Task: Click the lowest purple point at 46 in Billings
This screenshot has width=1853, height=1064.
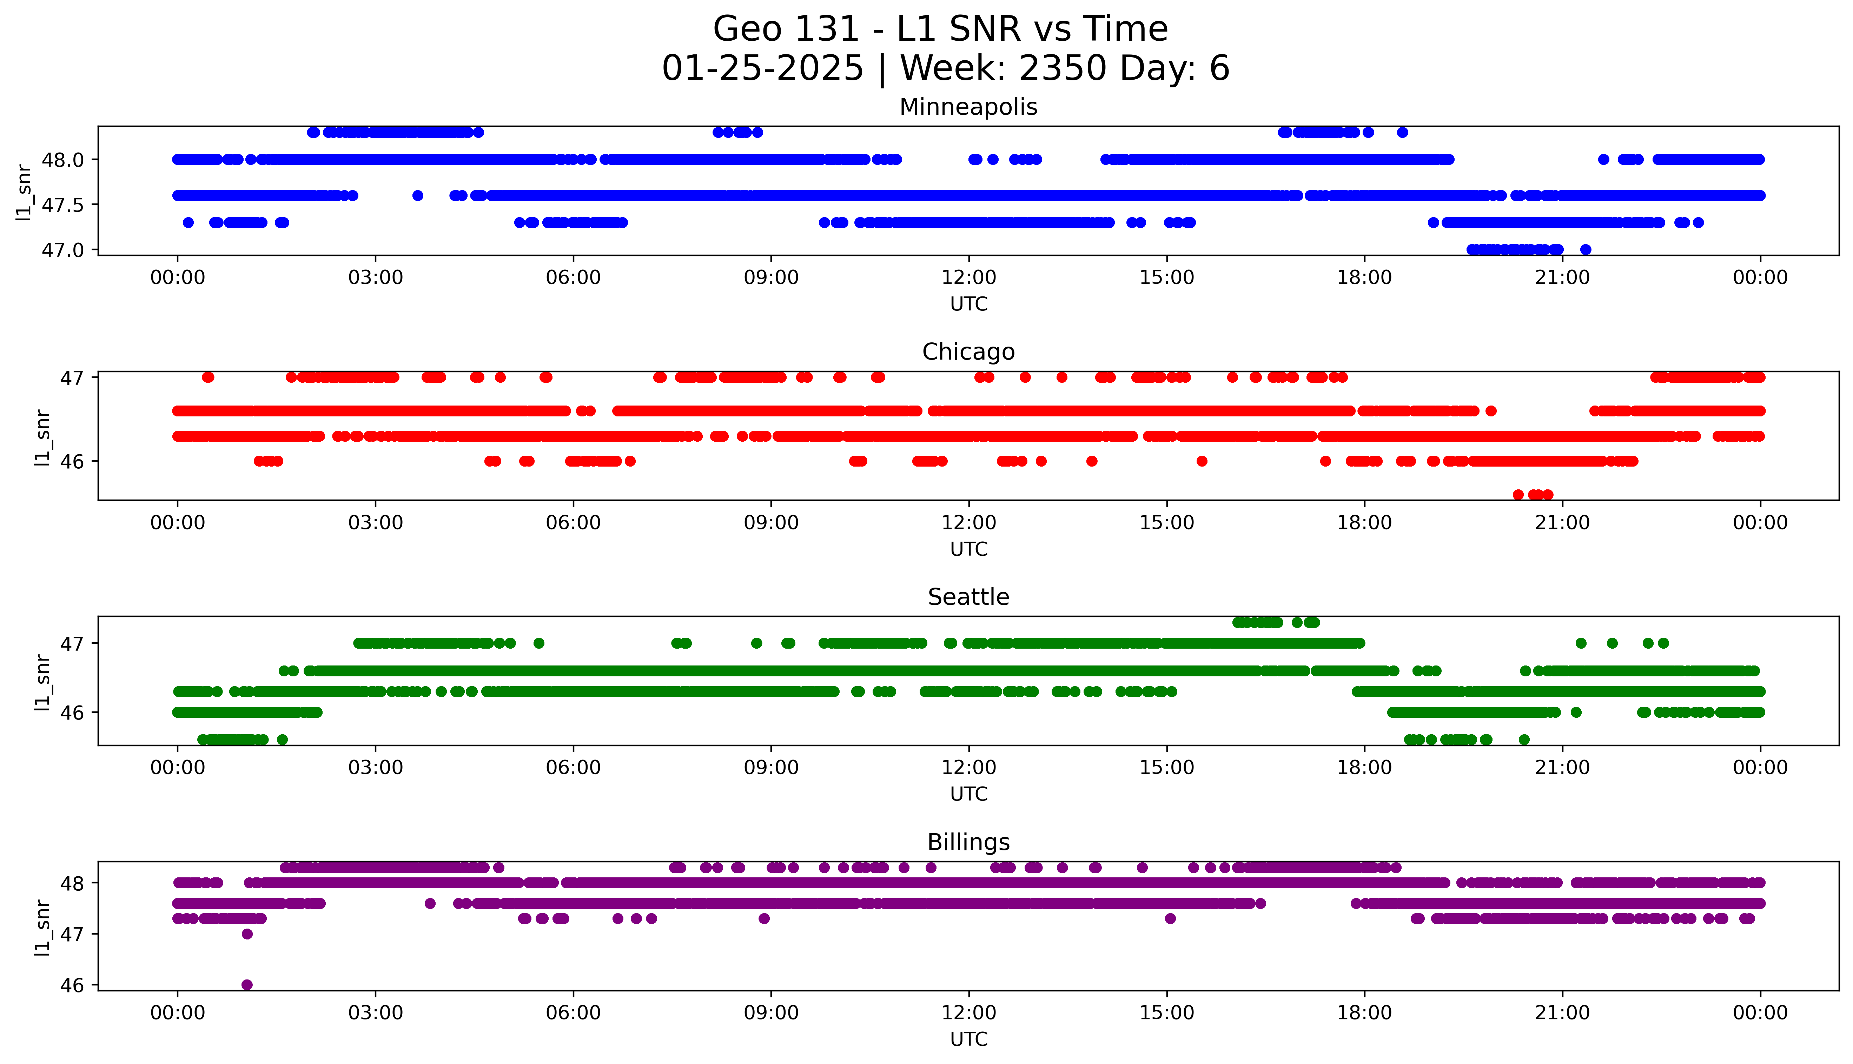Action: (x=247, y=984)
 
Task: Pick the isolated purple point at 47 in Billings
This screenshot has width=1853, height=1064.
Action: (x=247, y=934)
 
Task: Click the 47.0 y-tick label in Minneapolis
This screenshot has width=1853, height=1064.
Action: (x=63, y=250)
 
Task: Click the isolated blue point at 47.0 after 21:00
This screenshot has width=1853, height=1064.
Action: (x=1586, y=250)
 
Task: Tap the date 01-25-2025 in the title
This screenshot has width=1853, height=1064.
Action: (x=762, y=69)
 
